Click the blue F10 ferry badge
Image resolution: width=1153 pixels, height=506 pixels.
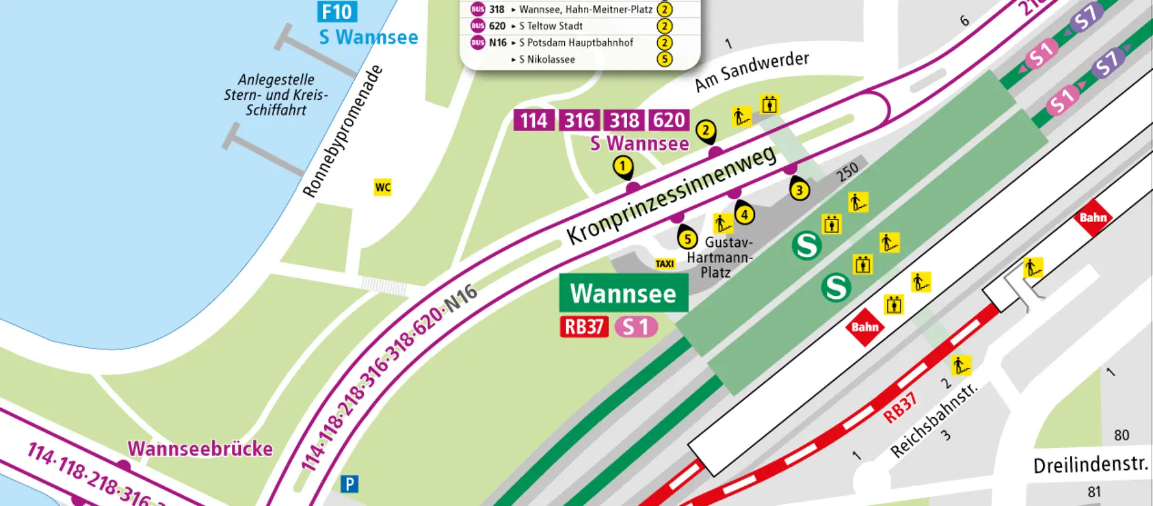337,12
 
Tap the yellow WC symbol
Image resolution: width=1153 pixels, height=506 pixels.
382,187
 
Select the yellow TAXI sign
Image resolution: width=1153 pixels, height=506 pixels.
665,264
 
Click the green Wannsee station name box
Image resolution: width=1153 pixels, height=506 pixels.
623,294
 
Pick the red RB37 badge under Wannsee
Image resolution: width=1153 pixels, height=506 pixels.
584,327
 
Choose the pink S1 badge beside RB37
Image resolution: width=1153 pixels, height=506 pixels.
635,327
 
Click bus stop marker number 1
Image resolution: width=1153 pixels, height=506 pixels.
623,166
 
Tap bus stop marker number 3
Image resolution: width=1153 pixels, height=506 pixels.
799,190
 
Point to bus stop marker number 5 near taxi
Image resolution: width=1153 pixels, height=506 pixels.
687,239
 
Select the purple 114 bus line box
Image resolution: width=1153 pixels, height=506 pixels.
534,120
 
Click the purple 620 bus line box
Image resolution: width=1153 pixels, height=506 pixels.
669,120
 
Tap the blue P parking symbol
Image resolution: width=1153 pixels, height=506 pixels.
349,484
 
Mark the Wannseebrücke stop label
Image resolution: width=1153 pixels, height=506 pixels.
200,448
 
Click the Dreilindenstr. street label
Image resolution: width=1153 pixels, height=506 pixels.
1090,464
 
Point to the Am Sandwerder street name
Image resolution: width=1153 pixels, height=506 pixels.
751,71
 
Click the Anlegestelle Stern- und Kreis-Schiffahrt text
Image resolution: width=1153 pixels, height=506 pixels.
275,95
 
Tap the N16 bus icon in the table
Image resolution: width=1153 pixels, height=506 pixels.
478,42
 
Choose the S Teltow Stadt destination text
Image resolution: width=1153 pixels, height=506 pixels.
551,26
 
